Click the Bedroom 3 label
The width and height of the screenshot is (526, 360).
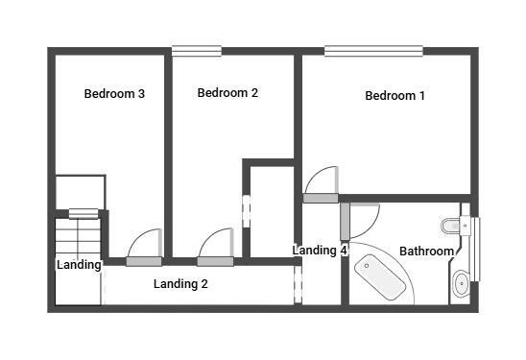coord(114,94)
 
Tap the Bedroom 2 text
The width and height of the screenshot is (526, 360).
coord(227,93)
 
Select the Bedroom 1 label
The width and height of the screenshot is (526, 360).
coord(394,96)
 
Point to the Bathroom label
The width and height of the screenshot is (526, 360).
coord(426,252)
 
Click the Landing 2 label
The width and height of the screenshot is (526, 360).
coord(180,284)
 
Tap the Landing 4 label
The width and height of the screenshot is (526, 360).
coord(320,251)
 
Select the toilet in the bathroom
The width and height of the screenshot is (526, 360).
coord(451,227)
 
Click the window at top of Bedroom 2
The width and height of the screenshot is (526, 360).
coord(196,51)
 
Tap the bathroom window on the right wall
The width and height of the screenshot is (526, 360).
coord(474,249)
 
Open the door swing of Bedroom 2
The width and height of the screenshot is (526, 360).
coord(217,244)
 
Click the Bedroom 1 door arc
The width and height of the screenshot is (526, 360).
coord(322,182)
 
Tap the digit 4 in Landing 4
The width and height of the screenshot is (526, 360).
coord(343,251)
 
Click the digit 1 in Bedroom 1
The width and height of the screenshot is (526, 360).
coord(421,96)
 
